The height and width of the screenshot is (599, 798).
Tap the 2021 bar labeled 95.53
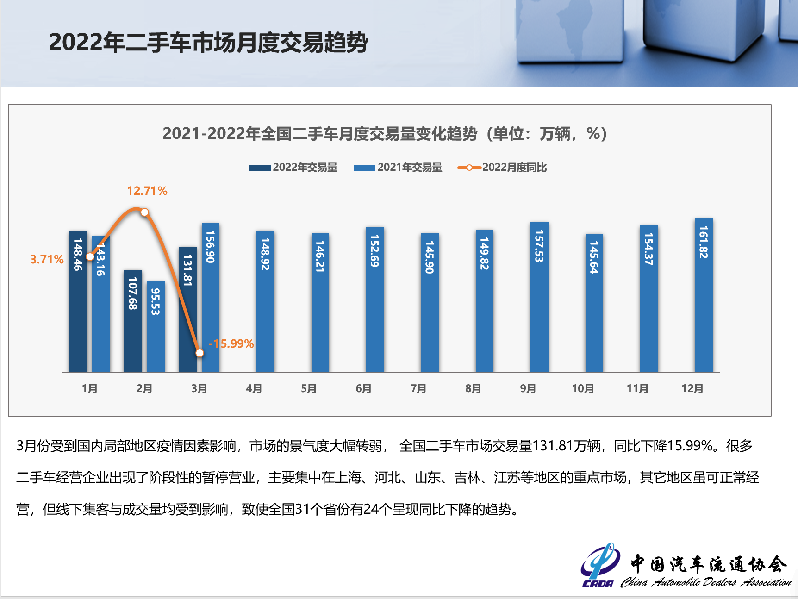point(156,326)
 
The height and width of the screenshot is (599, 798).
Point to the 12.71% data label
point(147,191)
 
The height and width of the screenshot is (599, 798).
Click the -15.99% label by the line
point(231,343)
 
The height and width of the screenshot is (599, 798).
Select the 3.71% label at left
point(47,259)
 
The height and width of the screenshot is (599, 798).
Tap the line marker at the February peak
point(144,212)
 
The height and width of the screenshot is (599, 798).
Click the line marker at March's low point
point(199,353)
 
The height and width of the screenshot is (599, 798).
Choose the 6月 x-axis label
point(363,388)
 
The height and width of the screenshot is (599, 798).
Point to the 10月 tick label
point(583,388)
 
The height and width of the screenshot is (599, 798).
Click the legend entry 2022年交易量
point(293,168)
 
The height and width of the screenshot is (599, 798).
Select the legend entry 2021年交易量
point(398,168)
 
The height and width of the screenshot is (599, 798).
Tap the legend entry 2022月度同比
point(503,168)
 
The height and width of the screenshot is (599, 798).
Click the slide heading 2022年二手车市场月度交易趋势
point(208,43)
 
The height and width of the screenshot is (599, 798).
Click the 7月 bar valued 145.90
point(430,303)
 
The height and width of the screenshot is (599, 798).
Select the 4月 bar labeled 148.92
point(265,301)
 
